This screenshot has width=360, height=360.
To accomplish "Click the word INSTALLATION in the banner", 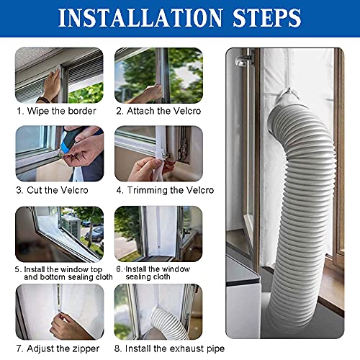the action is [140, 18].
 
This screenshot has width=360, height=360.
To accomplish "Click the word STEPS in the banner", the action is [267, 18].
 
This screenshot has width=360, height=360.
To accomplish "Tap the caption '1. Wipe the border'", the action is [56, 111].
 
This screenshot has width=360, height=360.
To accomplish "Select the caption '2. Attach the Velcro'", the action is [158, 111].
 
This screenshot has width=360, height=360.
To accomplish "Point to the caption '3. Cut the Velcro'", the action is [53, 190].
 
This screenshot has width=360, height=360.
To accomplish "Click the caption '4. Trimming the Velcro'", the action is [165, 190].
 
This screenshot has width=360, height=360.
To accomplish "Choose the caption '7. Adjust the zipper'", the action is [58, 348].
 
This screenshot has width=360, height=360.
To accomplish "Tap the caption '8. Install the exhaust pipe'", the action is [170, 348].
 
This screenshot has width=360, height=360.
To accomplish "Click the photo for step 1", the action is [59, 75].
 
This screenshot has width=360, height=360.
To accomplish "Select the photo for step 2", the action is [158, 75].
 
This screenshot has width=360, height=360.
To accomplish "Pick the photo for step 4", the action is [158, 153].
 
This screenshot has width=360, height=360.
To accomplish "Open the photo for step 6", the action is [158, 234].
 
